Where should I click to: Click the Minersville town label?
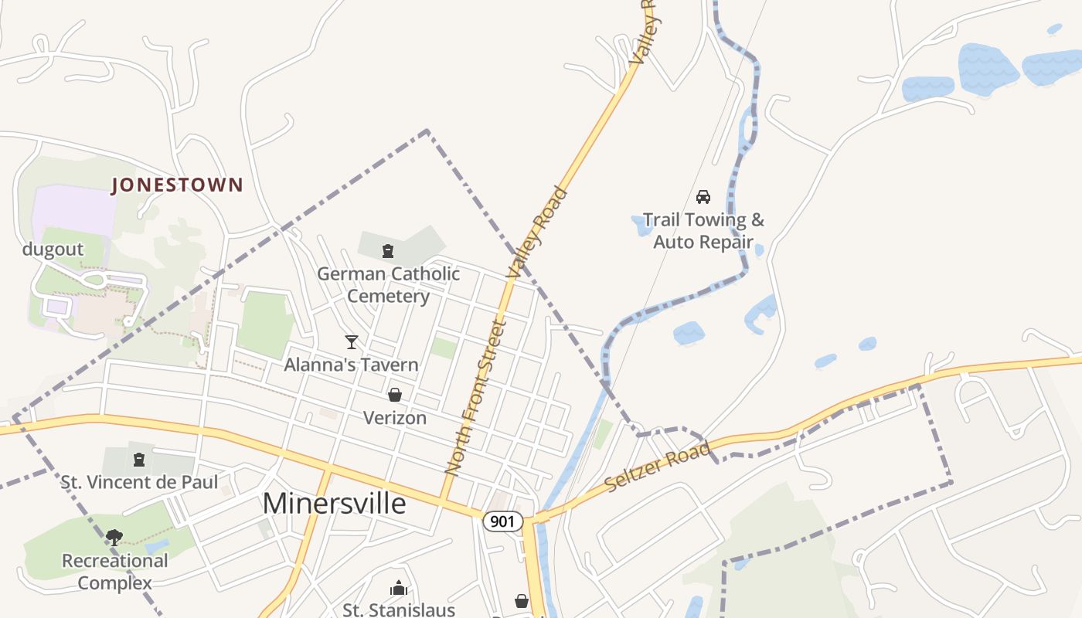[334, 503]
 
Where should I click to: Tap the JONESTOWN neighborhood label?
[177, 185]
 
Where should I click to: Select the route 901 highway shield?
[502, 521]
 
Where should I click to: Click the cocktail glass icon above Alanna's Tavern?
[352, 341]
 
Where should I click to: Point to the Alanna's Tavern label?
[351, 365]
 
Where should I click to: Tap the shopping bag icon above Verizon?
[395, 396]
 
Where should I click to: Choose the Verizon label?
[395, 418]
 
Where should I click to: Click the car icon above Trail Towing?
[703, 197]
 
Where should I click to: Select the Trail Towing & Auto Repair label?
[703, 230]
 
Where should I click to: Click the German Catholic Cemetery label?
[388, 284]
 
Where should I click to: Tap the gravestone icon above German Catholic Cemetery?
[388, 250]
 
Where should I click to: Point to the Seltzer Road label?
[657, 467]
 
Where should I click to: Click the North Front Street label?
[475, 397]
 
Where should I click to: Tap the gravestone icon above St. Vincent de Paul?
[139, 460]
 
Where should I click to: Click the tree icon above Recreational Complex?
[114, 537]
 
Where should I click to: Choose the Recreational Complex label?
[114, 571]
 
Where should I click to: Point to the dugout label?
[53, 249]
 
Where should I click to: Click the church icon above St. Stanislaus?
[399, 588]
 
